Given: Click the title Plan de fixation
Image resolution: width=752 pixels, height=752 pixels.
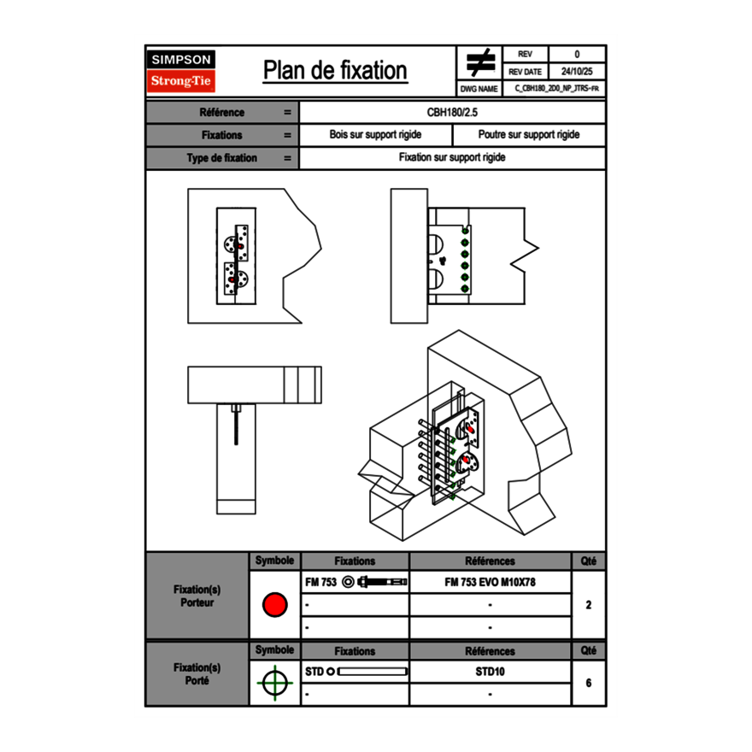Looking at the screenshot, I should [x=335, y=71].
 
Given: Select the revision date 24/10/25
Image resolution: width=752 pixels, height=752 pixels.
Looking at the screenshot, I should [x=577, y=72].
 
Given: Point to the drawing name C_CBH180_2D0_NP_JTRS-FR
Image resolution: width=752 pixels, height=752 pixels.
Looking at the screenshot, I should [x=556, y=88].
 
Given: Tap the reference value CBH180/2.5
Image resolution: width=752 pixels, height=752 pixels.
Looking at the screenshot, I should [x=452, y=112].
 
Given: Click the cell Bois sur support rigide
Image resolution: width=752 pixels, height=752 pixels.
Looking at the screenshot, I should [x=375, y=135].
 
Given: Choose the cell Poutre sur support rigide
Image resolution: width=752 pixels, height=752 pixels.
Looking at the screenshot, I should [x=528, y=135].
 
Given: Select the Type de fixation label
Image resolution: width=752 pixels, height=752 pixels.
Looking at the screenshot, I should [x=221, y=158].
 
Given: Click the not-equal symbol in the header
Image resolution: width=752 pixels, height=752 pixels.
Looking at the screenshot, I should [x=480, y=63].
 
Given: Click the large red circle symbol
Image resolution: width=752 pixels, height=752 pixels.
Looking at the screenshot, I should [x=274, y=605].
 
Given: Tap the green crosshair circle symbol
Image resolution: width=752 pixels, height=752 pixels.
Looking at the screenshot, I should [x=274, y=683].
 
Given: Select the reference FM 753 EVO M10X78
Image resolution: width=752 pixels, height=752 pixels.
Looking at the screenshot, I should [x=490, y=582].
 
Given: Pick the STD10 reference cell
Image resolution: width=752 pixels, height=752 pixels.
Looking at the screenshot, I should [x=490, y=672].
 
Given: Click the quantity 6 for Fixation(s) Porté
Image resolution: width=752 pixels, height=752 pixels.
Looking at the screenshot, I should [x=588, y=683].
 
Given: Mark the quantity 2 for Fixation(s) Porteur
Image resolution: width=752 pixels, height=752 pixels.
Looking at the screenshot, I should [x=588, y=605].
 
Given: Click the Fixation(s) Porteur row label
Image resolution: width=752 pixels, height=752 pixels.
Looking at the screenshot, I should [x=197, y=596].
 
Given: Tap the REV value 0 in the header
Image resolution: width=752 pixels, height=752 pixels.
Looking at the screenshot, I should [x=577, y=55].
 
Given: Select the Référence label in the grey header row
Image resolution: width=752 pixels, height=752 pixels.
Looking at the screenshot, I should [x=221, y=112].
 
